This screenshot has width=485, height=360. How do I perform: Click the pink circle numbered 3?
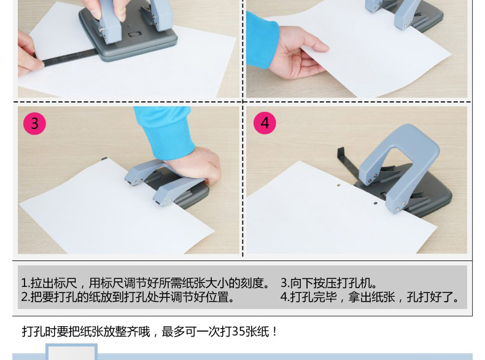tap(34, 123)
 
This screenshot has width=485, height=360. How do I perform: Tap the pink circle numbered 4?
tap(265, 123)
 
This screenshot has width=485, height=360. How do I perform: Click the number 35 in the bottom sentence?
tap(238, 332)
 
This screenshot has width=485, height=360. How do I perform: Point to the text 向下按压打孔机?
tap(330, 283)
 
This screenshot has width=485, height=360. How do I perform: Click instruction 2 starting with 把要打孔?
tap(127, 297)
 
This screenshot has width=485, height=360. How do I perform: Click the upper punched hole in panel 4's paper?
tap(339, 186)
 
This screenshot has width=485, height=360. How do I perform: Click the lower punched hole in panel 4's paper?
tap(376, 203)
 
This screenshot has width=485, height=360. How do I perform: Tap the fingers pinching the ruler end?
tap(28, 54)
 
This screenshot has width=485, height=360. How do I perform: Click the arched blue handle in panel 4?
tap(399, 161)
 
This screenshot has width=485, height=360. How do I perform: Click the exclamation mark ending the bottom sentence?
tap(275, 332)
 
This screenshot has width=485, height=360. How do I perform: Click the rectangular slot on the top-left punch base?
tap(134, 34)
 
